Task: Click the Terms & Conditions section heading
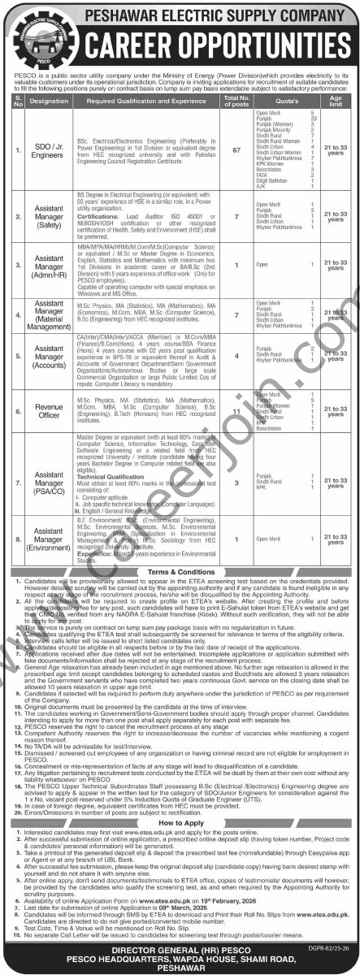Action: pos(180,573)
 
